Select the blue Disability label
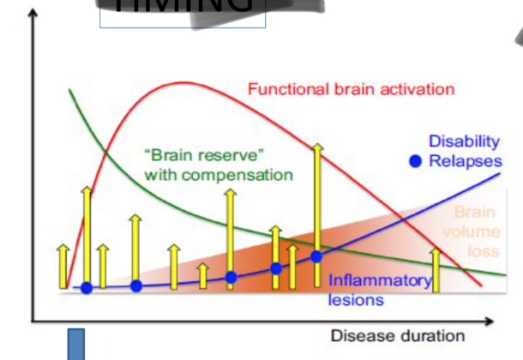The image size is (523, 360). tap(464, 141)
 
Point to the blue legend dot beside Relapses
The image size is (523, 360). tap(416, 161)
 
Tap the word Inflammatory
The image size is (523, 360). tap(380, 281)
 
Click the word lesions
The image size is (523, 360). tap(355, 300)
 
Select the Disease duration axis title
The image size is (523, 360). tap(398, 336)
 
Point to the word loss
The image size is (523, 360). tap(484, 251)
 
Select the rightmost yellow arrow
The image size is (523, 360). tap(436, 270)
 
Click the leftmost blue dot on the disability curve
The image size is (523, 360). tap(86, 288)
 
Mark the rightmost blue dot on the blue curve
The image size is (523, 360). tap(316, 255)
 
